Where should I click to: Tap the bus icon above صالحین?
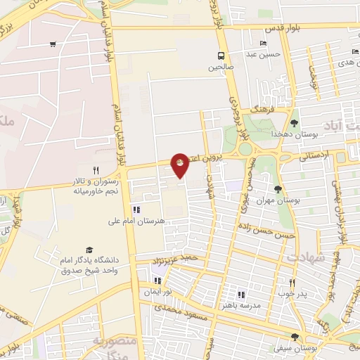coord(221,56)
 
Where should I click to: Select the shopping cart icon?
coord(53,44)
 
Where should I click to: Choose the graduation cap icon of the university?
coord(89,250)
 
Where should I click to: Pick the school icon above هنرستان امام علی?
coord(136,210)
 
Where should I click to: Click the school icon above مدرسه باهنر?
coord(241,295)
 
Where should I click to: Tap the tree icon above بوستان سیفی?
coord(304,337)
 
